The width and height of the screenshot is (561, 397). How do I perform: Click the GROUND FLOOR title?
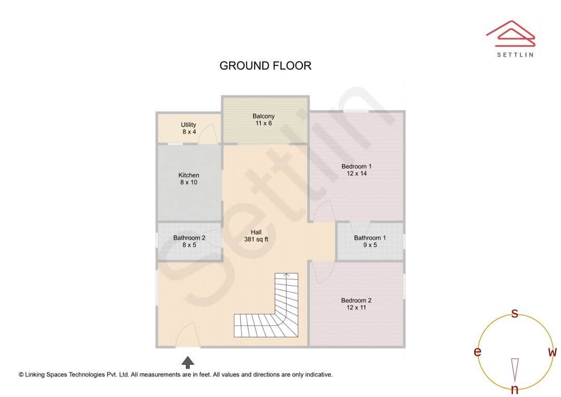point(265,66)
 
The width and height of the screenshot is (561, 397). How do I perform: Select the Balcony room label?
point(263,120)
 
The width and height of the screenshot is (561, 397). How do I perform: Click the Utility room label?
point(189,128)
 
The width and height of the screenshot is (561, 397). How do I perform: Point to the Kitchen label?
point(189,179)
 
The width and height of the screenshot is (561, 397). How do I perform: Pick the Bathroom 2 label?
point(189,241)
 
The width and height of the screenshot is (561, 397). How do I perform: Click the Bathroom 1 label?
point(370,241)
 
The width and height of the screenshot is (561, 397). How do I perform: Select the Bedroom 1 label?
point(356,170)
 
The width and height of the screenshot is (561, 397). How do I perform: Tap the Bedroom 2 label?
point(356,304)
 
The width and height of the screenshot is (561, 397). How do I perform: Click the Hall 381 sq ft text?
point(256,236)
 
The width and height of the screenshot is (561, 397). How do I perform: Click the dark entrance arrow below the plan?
point(188,362)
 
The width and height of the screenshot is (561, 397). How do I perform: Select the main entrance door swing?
point(187,335)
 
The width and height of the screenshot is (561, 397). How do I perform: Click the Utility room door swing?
point(207,135)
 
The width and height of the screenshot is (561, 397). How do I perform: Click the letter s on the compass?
point(515,313)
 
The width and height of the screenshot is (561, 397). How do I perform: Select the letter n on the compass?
point(515,389)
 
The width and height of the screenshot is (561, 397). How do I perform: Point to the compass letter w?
point(552,352)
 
